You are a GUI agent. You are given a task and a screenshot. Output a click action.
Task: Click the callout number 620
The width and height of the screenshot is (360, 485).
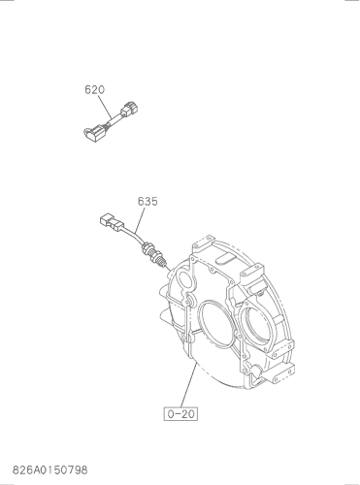[95, 89]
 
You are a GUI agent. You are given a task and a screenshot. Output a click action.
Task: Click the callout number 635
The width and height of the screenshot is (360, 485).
[147, 201]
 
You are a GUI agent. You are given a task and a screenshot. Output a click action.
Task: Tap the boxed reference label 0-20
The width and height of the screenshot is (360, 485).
[180, 413]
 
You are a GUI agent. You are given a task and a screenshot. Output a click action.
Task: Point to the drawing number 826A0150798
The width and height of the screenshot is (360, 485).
[50, 469]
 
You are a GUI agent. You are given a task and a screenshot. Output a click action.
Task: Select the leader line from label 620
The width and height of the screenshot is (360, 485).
[106, 107]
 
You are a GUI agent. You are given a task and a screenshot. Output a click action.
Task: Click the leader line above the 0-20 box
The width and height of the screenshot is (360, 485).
[188, 385]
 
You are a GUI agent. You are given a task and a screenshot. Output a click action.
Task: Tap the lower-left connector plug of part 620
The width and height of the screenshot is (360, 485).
[93, 134]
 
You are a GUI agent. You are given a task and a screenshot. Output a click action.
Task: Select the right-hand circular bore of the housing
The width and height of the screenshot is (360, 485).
[258, 325]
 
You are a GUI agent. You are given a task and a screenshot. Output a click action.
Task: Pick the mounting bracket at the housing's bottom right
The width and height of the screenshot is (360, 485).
[278, 373]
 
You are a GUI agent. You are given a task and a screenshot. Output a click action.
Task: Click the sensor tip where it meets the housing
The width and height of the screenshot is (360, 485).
[166, 266]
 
